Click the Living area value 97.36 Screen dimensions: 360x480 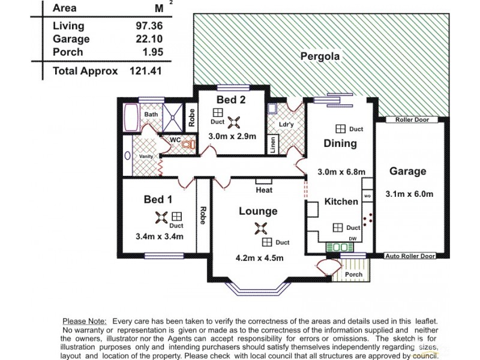[x=150, y=26]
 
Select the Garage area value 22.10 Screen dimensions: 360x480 [x=150, y=39]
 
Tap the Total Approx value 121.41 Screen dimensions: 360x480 [x=146, y=71]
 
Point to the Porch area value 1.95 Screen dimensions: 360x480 [x=152, y=52]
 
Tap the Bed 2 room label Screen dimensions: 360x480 [x=230, y=99]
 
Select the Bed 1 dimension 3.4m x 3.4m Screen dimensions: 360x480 [x=160, y=236]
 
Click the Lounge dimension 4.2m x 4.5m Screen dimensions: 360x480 [x=259, y=258]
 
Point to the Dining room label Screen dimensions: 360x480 [x=340, y=143]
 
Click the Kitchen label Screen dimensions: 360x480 [x=341, y=202]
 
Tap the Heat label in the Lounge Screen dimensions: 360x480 [x=264, y=190]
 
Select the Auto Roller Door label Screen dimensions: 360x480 [x=410, y=256]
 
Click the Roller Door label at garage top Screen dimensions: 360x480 [x=412, y=120]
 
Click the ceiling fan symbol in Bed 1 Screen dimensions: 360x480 [x=161, y=217]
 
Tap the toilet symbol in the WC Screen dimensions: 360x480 [x=188, y=145]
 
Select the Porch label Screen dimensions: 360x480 [x=354, y=275]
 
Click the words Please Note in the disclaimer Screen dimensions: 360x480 [x=85, y=322]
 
